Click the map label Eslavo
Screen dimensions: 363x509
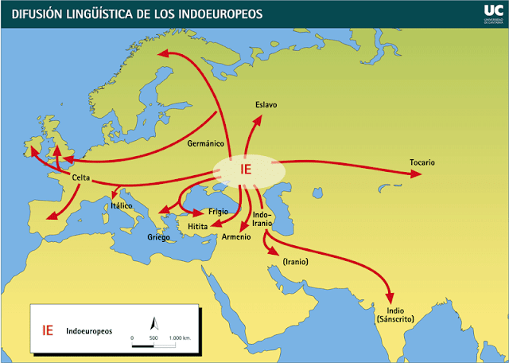266,105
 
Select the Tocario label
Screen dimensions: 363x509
422,162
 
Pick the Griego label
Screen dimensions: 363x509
159,237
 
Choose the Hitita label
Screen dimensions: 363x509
197,227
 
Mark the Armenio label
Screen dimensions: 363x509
236,236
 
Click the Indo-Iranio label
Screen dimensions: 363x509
262,219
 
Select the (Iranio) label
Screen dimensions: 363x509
295,261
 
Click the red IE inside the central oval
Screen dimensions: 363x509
247,169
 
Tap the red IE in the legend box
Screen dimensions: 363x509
48,329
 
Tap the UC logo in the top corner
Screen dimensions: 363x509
492,10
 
